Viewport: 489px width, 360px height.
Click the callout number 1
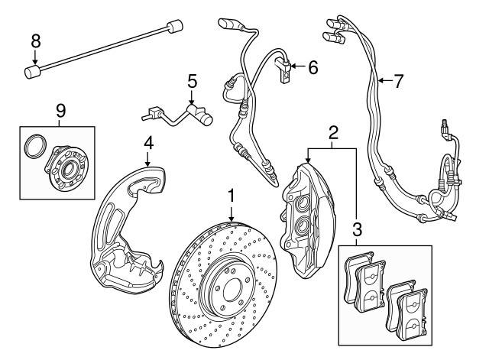point(231,198)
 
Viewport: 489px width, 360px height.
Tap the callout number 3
point(357,229)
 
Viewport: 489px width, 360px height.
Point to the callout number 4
point(149,142)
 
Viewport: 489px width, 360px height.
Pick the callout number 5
point(192,79)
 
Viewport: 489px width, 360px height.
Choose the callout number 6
point(313,67)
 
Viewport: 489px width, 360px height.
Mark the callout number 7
point(397,79)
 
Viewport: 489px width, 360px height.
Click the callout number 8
point(34,41)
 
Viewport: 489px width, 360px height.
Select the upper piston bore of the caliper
point(301,203)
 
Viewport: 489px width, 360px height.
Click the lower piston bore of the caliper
point(301,227)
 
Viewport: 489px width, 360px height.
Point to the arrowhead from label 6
point(293,67)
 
